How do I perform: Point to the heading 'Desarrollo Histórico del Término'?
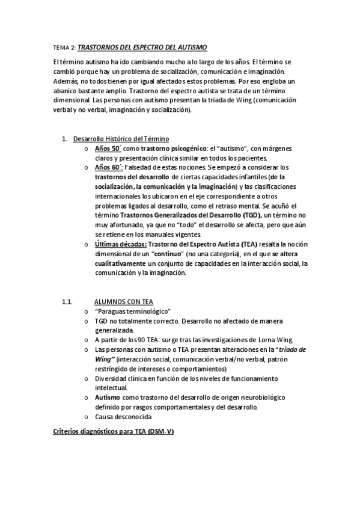click(121, 139)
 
